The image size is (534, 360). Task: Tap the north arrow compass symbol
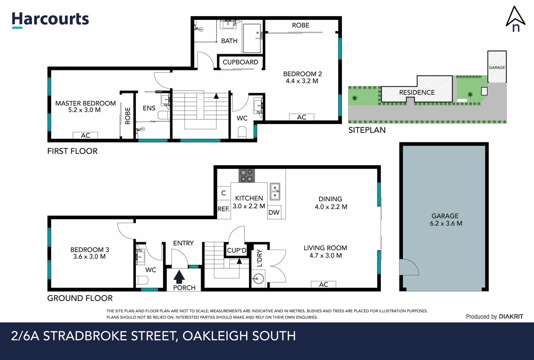[515, 19]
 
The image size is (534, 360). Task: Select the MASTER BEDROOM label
[85, 103]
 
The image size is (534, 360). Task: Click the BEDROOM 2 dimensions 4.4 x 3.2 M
[302, 81]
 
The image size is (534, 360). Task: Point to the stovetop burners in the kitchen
[247, 175]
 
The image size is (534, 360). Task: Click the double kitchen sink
[275, 191]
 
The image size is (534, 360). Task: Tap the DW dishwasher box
[274, 213]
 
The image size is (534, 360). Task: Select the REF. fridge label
[224, 209]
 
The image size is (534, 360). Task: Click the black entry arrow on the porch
[179, 277]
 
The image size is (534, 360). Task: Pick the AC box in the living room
[323, 284]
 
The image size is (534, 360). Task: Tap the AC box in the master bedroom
[86, 135]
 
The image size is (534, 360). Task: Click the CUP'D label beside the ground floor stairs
[237, 251]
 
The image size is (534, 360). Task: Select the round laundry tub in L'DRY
[258, 278]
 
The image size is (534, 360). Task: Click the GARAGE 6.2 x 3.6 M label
[445, 220]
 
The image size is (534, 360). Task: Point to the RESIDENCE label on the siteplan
[417, 92]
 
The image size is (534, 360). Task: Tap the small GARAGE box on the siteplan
[497, 67]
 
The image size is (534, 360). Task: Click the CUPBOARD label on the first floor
[240, 62]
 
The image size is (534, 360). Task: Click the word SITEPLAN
[367, 130]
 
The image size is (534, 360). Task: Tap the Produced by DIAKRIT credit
[494, 317]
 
